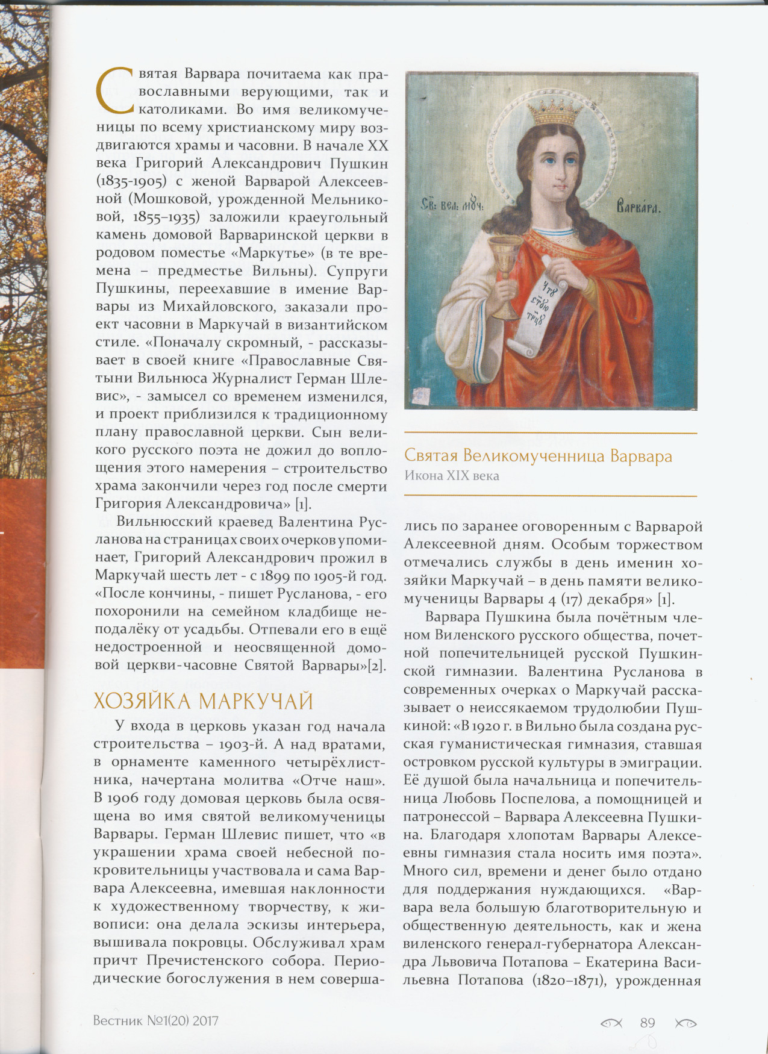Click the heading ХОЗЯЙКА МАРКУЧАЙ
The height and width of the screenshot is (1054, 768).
(204, 702)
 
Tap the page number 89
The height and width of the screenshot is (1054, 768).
(648, 1023)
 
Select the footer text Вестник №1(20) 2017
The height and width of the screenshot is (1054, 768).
(156, 1021)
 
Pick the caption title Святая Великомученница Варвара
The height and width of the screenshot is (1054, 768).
(538, 456)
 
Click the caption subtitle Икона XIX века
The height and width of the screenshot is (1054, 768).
(452, 476)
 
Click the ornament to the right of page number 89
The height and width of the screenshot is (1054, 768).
(685, 1023)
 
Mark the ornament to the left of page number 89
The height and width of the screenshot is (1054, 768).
(611, 1023)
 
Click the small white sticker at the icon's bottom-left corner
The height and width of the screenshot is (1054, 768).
(417, 395)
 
